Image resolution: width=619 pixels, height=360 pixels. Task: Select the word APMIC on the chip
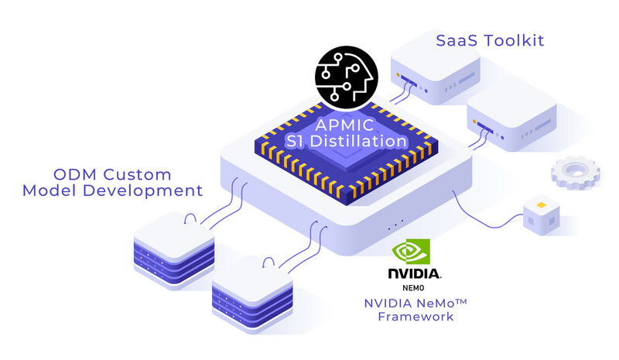[343, 125]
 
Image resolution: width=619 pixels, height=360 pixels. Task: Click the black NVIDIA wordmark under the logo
[414, 273]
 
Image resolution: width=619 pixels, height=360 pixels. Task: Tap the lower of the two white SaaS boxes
[511, 117]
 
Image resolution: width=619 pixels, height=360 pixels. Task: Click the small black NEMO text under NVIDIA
[414, 286]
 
